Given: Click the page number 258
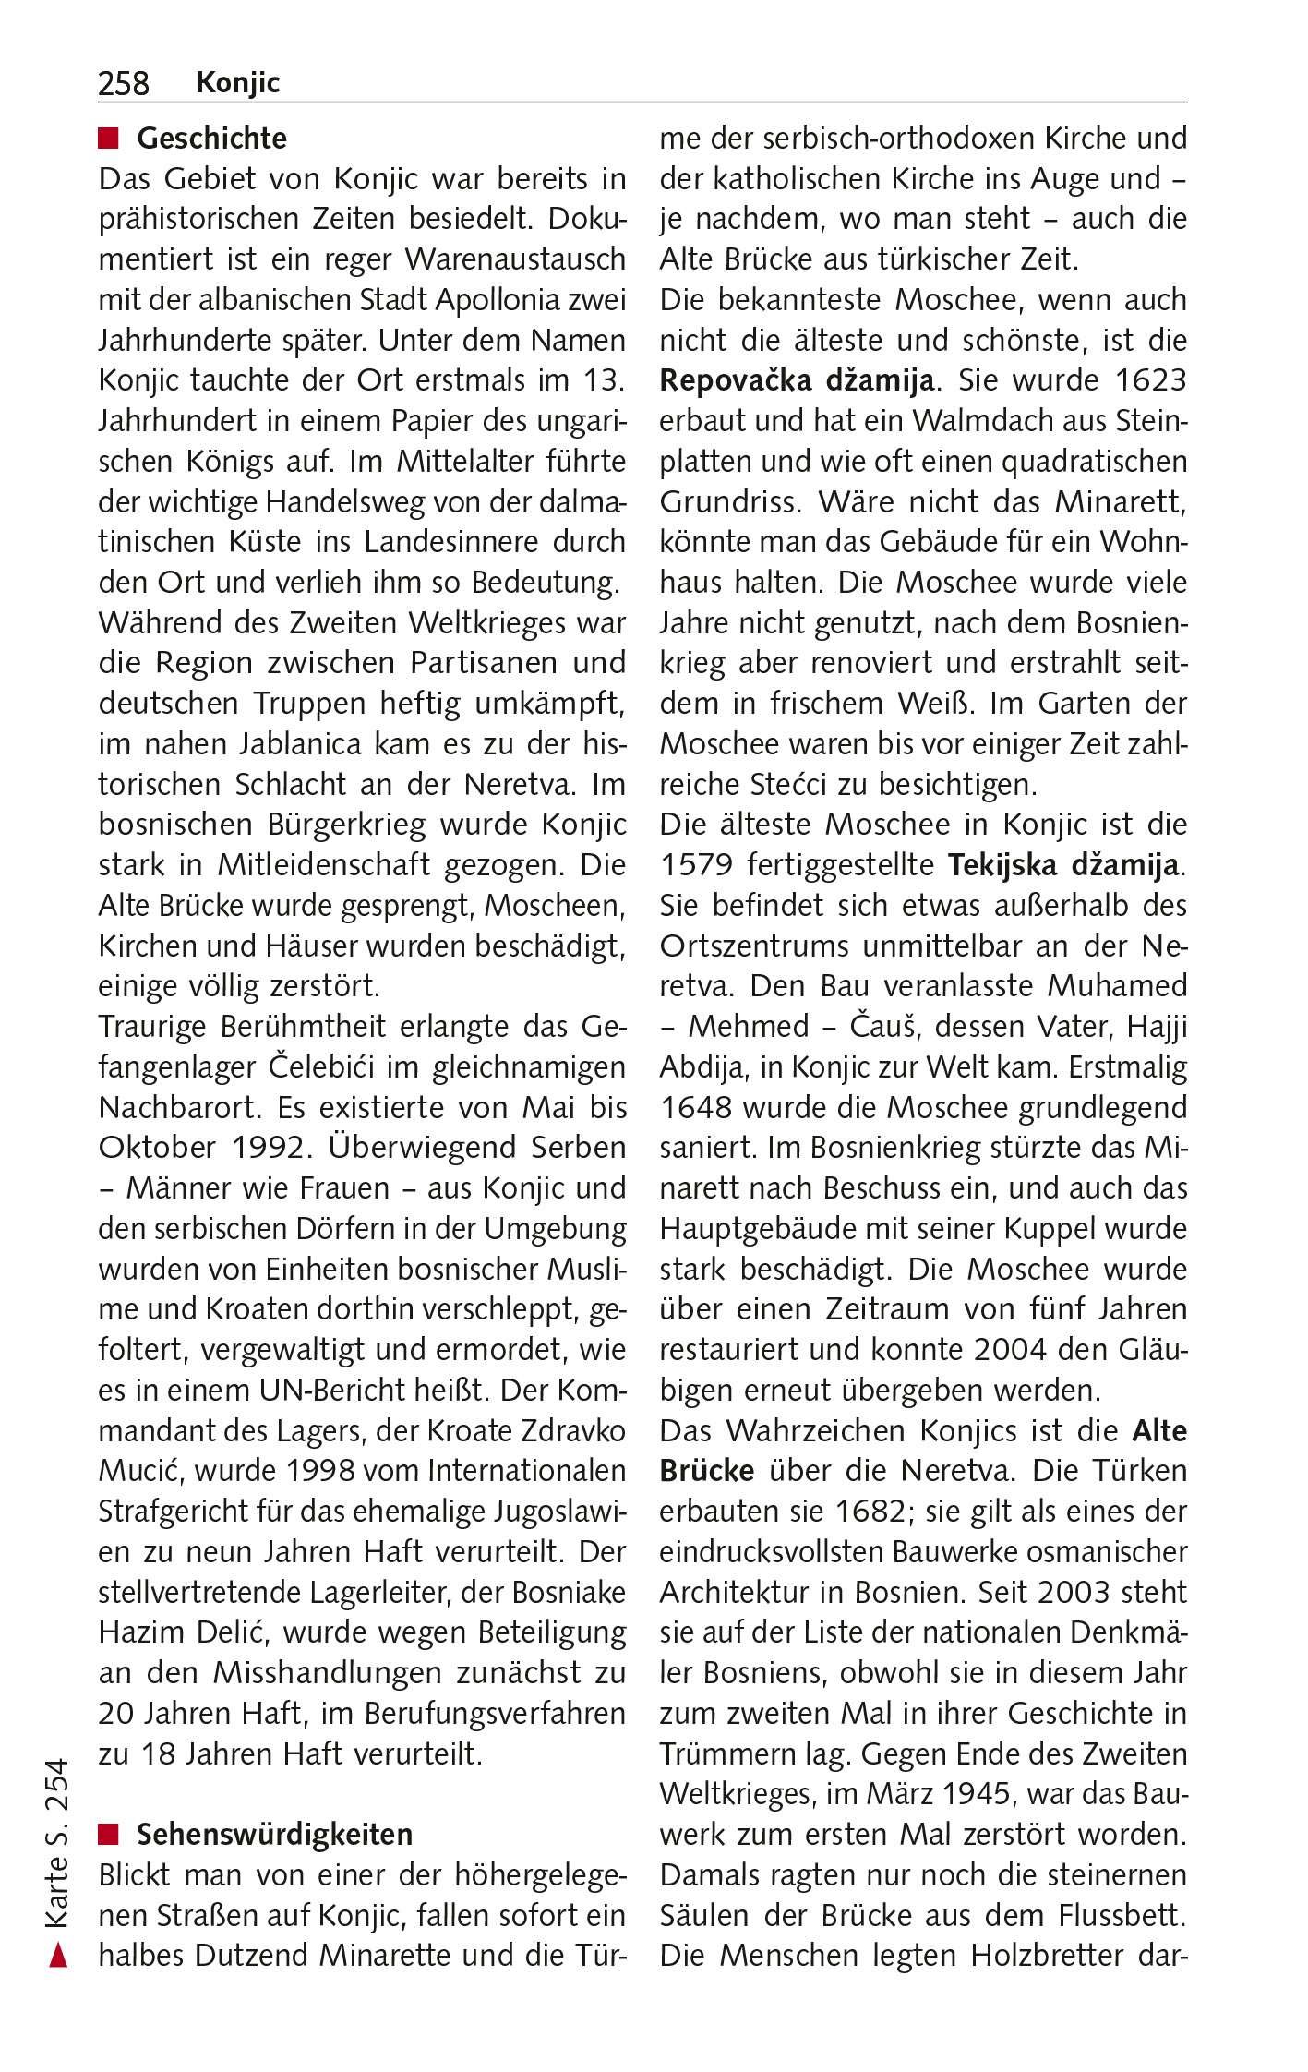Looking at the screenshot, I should (x=123, y=83).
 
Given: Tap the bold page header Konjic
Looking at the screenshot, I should (x=237, y=82).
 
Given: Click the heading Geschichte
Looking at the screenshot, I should (x=211, y=138).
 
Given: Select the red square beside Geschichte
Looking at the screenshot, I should (x=109, y=139).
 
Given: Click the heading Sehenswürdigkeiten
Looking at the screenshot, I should (x=274, y=1834).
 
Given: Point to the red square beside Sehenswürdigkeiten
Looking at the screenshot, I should (x=109, y=1834).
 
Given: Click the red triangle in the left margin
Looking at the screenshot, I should (x=58, y=1955).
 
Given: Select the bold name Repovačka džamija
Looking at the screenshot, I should (x=797, y=380).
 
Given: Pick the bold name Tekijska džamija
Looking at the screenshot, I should (x=1063, y=865).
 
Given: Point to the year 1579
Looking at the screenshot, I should (x=696, y=865).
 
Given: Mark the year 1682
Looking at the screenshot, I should (x=870, y=1512).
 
